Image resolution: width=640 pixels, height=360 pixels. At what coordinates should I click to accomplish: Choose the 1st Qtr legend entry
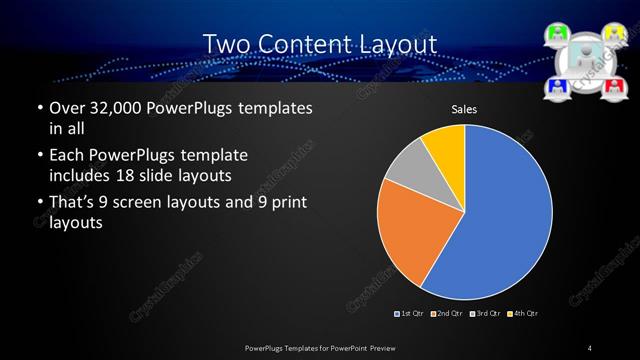click(410, 314)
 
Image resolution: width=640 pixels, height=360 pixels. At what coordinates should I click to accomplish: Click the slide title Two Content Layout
click(320, 44)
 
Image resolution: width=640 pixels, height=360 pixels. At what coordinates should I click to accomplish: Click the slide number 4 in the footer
click(590, 347)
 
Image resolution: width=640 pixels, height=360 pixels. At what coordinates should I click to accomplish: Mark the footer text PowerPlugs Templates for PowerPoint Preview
click(320, 347)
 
